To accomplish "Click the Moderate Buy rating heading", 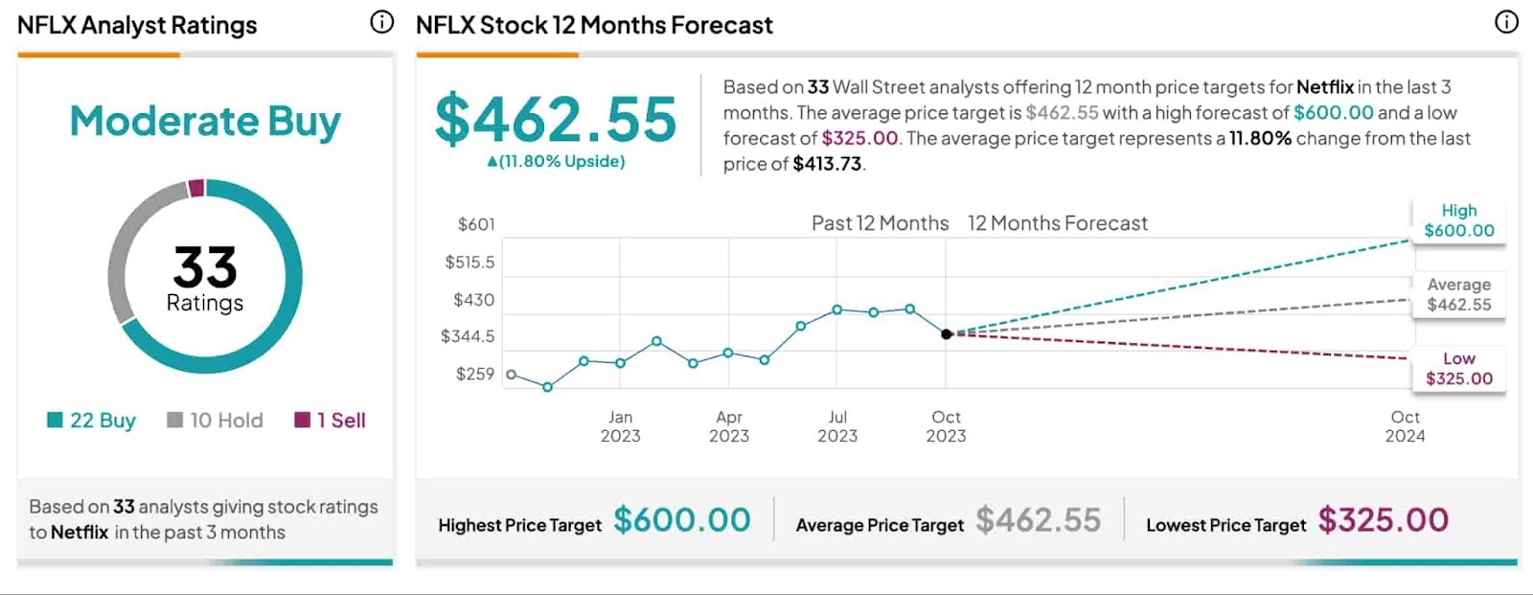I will tap(205, 122).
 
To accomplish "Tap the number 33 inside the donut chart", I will tap(205, 266).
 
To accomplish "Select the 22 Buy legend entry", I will tap(92, 420).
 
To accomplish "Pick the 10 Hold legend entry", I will tap(215, 420).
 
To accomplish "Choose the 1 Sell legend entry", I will tap(330, 420).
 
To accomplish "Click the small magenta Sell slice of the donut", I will tap(196, 188).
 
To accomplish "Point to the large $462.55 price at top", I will tap(556, 120).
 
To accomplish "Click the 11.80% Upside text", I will tap(557, 161).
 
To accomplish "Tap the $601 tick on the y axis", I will tap(476, 224).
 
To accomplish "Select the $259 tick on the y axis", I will tap(475, 374).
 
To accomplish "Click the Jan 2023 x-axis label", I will tap(620, 426).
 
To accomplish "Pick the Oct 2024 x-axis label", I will tap(1405, 426).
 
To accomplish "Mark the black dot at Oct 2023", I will tap(947, 334).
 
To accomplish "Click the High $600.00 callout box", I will tap(1458, 220).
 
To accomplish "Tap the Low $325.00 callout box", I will tap(1458, 369).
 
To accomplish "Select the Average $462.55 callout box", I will tap(1458, 294).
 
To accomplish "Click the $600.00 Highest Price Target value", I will tap(682, 520).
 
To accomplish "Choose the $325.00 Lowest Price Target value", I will tap(1384, 520).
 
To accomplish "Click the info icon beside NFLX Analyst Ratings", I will tap(381, 22).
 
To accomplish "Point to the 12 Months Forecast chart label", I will tap(1057, 223).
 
